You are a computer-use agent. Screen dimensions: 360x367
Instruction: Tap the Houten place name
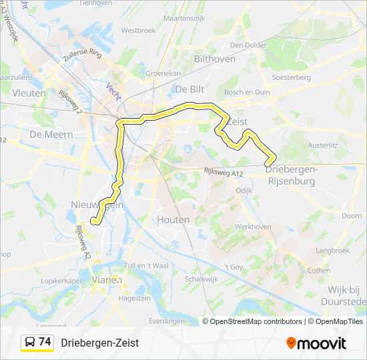click(x=173, y=219)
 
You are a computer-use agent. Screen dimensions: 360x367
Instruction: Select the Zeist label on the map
click(x=238, y=122)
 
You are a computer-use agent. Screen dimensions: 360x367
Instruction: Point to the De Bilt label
click(x=190, y=89)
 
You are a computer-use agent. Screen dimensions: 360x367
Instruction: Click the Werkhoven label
click(x=252, y=227)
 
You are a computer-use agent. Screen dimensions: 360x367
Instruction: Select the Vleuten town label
click(x=29, y=93)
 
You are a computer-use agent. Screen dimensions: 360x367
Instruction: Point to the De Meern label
click(x=46, y=134)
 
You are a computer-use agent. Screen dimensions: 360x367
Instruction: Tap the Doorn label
click(x=352, y=216)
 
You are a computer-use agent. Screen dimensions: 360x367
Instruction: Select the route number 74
click(x=45, y=342)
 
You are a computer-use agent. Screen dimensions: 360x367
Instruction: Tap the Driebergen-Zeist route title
click(x=99, y=343)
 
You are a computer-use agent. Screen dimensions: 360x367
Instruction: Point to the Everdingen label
click(x=166, y=321)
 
